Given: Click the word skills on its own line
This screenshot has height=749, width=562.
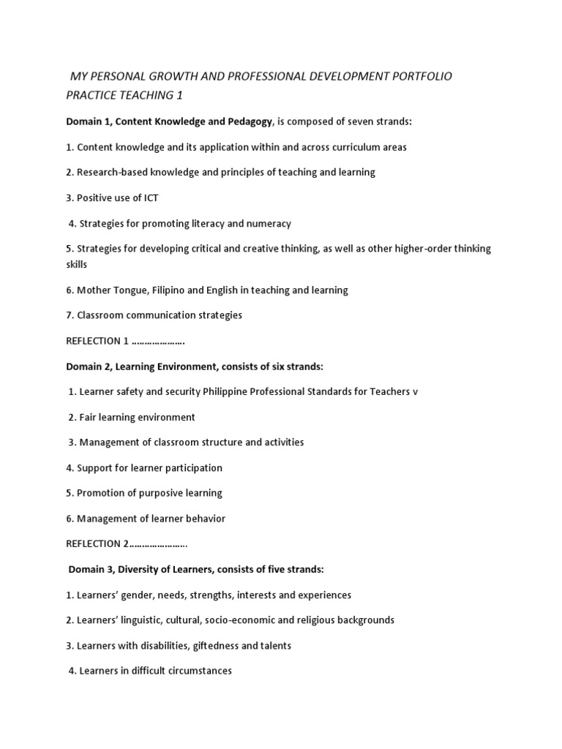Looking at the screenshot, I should click(76, 264).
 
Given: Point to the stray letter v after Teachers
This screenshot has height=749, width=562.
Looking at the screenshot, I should click(416, 392).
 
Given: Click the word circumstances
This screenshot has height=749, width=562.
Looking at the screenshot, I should click(199, 671).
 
